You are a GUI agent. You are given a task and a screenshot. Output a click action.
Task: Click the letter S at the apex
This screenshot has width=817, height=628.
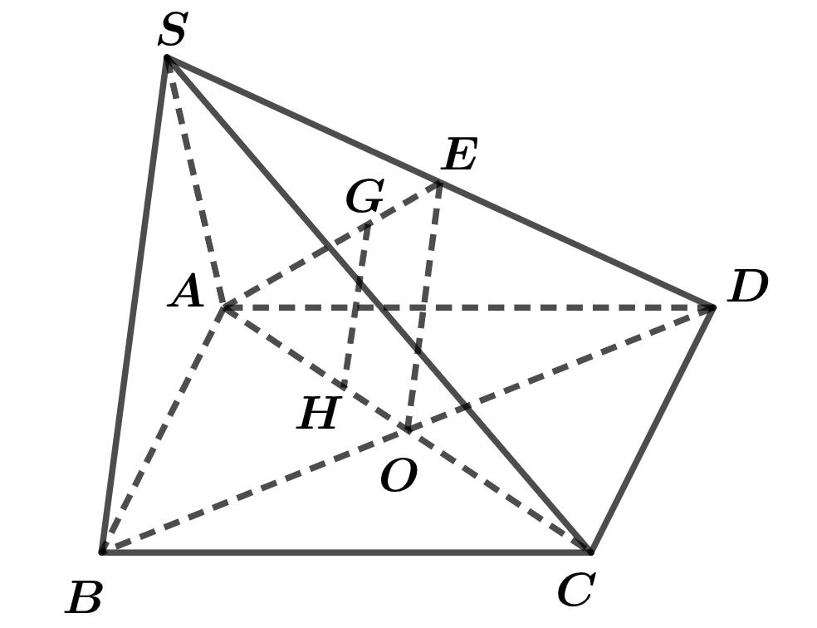[x=172, y=30]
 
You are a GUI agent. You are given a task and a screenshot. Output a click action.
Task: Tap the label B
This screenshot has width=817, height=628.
[x=83, y=597]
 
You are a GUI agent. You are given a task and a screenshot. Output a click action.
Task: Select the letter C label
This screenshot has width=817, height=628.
[x=575, y=589]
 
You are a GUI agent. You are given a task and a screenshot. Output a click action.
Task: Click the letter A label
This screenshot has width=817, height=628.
[x=186, y=291]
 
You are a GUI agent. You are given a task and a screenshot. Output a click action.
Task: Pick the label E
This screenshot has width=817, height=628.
[x=458, y=155]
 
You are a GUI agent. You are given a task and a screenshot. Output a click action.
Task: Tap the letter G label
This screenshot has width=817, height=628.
[x=364, y=196]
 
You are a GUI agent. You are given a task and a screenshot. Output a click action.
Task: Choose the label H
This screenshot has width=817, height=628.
[x=319, y=413]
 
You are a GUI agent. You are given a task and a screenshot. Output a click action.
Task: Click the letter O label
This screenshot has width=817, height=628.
[x=399, y=476]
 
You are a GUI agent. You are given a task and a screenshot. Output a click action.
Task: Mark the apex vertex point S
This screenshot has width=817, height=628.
[x=167, y=57]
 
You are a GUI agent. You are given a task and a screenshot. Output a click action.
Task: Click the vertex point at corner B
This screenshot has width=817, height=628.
[x=103, y=551]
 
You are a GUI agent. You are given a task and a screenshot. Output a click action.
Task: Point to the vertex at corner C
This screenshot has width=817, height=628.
[x=590, y=551]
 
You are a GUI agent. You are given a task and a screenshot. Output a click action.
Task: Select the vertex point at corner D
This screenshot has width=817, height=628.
[x=712, y=308]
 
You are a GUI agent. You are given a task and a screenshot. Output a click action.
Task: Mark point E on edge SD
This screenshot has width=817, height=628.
[x=440, y=183]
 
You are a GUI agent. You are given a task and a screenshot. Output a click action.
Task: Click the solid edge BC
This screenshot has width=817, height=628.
[x=346, y=551]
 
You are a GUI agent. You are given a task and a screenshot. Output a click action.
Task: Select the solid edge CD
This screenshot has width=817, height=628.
[x=651, y=429]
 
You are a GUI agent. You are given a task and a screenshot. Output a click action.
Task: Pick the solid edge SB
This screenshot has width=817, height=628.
[x=135, y=304]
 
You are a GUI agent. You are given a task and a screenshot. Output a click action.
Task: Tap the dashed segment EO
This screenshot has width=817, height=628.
[x=424, y=307]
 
